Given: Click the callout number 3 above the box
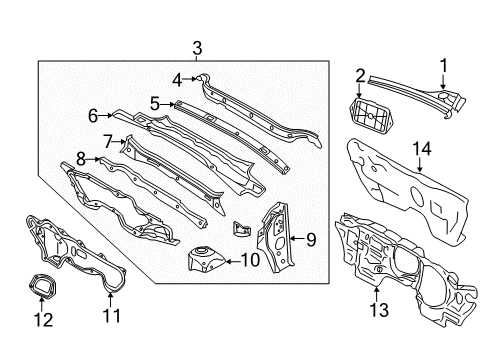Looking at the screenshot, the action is pyautogui.click(x=197, y=48).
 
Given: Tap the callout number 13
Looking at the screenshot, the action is pyautogui.click(x=379, y=310).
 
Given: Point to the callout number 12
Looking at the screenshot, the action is pyautogui.click(x=43, y=320).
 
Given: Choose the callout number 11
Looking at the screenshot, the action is pyautogui.click(x=111, y=315).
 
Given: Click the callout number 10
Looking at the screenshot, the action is pyautogui.click(x=250, y=260).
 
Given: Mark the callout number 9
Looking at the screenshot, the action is pyautogui.click(x=311, y=240).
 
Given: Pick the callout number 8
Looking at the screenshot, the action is pyautogui.click(x=81, y=159).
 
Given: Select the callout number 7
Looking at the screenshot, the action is pyautogui.click(x=108, y=142).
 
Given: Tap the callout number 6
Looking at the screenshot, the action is pyautogui.click(x=93, y=116).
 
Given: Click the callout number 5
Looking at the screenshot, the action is pyautogui.click(x=155, y=104).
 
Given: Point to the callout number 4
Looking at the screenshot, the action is pyautogui.click(x=177, y=80).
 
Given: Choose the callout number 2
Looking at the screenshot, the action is pyautogui.click(x=360, y=76).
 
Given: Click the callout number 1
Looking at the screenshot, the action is pyautogui.click(x=443, y=65).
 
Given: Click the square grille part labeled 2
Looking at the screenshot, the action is pyautogui.click(x=371, y=114).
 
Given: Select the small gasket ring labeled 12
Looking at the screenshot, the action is pyautogui.click(x=41, y=284).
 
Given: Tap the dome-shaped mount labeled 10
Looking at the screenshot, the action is pyautogui.click(x=205, y=258).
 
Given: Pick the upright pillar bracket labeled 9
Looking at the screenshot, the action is pyautogui.click(x=276, y=237).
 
